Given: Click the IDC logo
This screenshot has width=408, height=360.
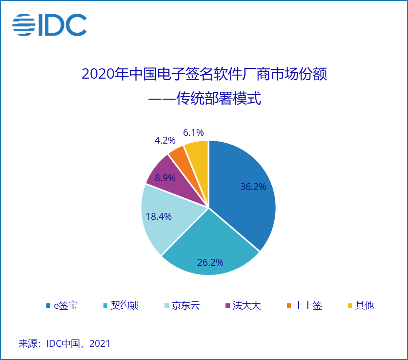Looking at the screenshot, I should (49, 25).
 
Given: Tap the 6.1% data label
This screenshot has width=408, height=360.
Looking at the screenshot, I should (193, 132).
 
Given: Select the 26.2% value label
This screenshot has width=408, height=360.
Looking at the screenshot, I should (210, 262).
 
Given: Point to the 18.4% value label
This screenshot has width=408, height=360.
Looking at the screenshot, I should (159, 216).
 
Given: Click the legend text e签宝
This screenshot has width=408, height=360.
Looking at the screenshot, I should (65, 306).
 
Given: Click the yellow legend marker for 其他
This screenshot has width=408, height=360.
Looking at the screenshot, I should (349, 306).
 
